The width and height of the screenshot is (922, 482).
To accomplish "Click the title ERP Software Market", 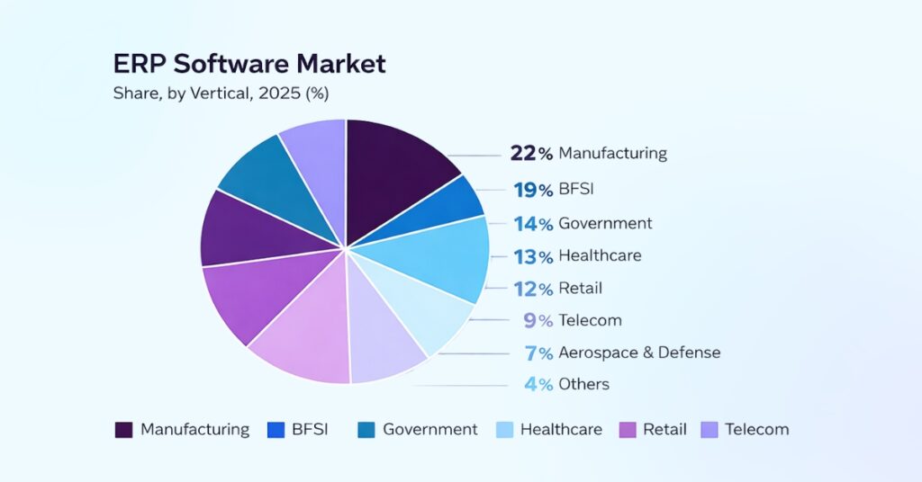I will click(249, 64).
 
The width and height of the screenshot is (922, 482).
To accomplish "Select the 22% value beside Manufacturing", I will click(531, 153).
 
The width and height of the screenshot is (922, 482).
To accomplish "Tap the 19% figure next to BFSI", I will click(533, 190).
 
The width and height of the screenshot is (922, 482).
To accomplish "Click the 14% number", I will click(533, 224).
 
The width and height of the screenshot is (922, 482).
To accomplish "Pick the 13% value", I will click(533, 256).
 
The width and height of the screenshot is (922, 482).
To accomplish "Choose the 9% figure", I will click(538, 320).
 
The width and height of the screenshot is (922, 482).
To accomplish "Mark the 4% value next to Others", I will click(538, 384).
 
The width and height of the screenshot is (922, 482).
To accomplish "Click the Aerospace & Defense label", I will click(639, 353).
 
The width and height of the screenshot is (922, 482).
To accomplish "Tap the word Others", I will click(583, 384).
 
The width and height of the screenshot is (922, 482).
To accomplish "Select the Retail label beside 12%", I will click(580, 288).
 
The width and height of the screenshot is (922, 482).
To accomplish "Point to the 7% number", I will click(538, 353).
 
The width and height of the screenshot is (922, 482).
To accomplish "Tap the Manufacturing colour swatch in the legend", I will click(123, 430).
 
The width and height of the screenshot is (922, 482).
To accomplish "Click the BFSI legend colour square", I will click(276, 430).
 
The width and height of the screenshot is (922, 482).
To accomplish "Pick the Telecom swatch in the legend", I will click(710, 430).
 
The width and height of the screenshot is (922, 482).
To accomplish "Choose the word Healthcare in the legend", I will click(561, 430).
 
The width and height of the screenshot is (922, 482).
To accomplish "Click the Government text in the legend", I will click(430, 430).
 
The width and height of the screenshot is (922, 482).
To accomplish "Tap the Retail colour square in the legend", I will click(628, 430).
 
